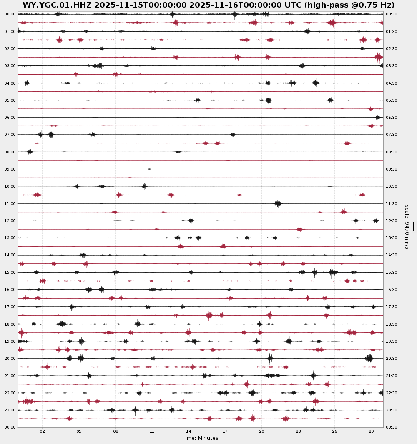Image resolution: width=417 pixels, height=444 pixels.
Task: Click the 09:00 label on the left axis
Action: [10, 169]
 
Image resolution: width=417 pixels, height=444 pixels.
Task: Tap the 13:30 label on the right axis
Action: [392, 238]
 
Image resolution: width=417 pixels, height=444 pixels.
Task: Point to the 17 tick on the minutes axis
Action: [225, 432]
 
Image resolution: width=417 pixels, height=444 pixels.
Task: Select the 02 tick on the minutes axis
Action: [42, 432]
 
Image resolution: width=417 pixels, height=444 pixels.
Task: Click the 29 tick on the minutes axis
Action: [371, 432]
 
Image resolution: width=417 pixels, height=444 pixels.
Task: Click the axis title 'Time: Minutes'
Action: [200, 438]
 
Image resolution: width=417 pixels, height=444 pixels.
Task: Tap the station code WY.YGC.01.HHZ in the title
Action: [60, 5]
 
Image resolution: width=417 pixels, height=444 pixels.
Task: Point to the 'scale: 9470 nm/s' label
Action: [407, 226]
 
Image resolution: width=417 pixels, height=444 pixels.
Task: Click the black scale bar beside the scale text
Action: [413, 226]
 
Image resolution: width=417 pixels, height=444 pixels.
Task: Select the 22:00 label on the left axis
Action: [10, 393]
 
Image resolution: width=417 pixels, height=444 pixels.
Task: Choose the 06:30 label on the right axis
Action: [392, 118]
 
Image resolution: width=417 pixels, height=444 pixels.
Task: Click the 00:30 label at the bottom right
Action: [392, 427]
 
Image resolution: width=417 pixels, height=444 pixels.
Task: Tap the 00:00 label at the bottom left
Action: [10, 427]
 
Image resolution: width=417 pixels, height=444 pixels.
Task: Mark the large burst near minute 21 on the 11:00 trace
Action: [278, 203]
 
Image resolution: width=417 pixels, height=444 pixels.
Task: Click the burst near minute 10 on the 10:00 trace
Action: [144, 186]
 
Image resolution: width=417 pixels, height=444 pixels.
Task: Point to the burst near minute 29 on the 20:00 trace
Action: [369, 358]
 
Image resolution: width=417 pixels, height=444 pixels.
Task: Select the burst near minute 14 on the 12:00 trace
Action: [191, 221]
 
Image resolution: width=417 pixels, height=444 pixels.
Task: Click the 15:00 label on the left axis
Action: [10, 273]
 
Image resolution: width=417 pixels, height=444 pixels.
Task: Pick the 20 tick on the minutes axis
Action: [261, 432]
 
